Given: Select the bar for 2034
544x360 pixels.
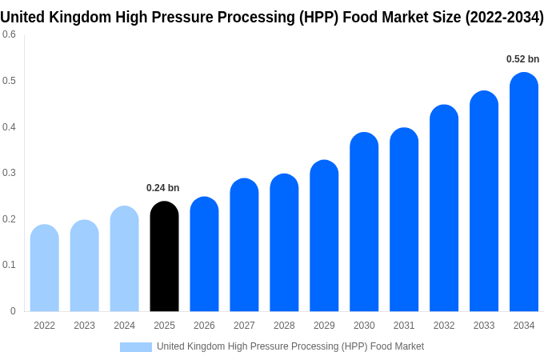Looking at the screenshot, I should pos(524,192).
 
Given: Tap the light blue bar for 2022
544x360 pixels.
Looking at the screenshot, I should pos(44,268).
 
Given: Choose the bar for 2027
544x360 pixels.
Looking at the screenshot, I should pos(244,245).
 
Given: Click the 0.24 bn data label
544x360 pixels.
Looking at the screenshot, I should pos(162,188).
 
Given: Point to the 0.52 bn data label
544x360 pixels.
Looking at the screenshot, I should pos(522,59).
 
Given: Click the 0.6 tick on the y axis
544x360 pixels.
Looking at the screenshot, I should pos(9,34).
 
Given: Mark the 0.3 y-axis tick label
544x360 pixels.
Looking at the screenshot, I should pos(9,173).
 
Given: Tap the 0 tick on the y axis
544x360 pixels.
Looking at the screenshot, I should pos(13,311).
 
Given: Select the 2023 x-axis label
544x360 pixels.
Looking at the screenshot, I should pos(84,326).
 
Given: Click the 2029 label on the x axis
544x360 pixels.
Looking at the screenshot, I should pos(324,326).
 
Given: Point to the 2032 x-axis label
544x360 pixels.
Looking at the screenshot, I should pos(444,326).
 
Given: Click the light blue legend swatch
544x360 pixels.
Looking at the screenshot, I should pos(135,346).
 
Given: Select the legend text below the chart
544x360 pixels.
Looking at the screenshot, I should pos(290,346).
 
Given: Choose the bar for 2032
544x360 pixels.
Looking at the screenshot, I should pos(444,208).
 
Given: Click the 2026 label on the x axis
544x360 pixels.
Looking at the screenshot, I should pos(204,326).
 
